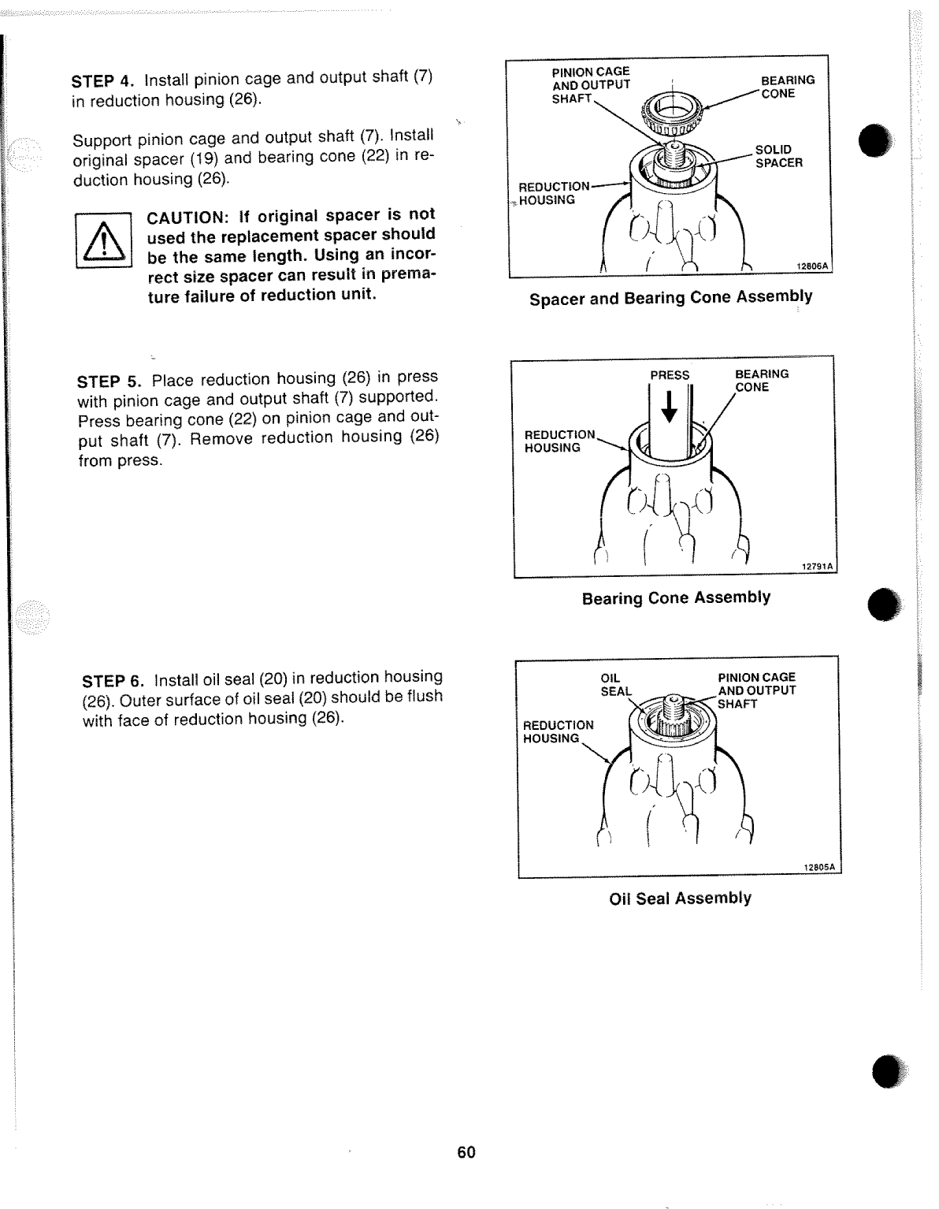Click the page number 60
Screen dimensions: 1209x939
tap(466, 1152)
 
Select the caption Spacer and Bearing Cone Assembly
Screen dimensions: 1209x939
tap(670, 297)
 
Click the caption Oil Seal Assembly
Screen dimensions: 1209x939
tap(681, 898)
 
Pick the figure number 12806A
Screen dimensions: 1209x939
tap(811, 267)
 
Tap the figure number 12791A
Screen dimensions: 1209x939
tap(816, 567)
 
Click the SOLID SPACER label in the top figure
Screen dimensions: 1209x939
tap(778, 156)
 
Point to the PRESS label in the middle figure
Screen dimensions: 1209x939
tap(669, 375)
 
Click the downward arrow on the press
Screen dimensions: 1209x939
tap(669, 406)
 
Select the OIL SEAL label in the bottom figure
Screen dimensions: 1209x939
tap(615, 684)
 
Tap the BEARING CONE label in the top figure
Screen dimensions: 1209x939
tap(787, 87)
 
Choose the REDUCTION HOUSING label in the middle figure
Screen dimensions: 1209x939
tap(559, 441)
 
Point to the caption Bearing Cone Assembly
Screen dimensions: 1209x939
tap(676, 598)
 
